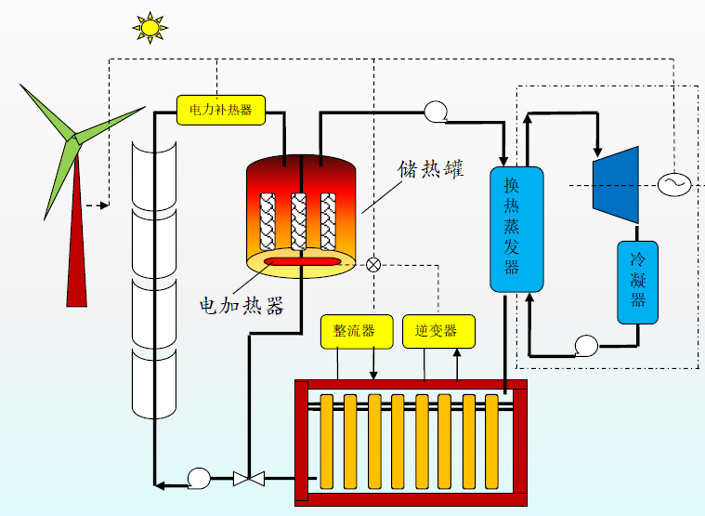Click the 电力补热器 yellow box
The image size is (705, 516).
(x=220, y=110)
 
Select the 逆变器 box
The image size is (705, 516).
(x=437, y=330)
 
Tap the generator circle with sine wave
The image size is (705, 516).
(x=672, y=184)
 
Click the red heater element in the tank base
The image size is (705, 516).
(x=302, y=264)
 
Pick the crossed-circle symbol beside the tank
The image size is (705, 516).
(x=373, y=264)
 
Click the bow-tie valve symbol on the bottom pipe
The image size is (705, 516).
(x=249, y=479)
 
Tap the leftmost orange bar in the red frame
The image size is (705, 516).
(x=326, y=442)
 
